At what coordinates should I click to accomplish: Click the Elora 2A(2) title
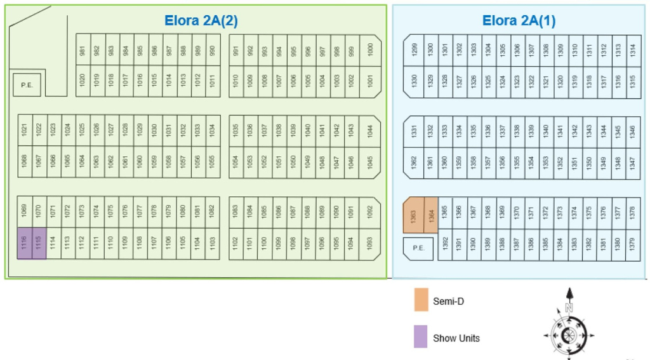tap(201, 20)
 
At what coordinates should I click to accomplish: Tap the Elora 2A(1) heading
tap(519, 20)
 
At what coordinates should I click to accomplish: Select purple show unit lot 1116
tap(24, 243)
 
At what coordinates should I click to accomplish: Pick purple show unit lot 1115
tap(39, 243)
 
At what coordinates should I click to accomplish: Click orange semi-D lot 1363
tap(413, 216)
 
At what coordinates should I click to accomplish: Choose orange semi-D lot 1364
tap(430, 216)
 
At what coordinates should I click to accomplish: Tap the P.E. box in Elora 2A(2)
tap(27, 84)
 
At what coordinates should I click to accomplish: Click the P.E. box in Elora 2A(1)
tap(418, 248)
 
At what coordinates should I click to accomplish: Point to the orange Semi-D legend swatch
tap(421, 300)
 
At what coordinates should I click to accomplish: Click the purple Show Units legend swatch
tap(421, 337)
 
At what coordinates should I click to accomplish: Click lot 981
tap(83, 50)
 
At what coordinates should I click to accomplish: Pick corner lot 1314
tap(632, 50)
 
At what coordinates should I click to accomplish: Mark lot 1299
tap(415, 50)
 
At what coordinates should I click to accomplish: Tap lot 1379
tap(632, 244)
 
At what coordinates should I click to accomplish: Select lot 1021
tap(24, 130)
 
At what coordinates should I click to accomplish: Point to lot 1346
tap(632, 131)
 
